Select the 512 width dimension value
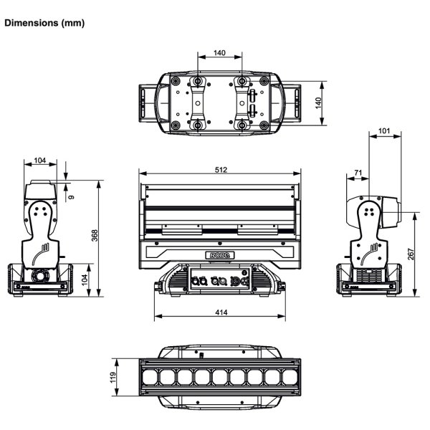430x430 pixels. pyautogui.click(x=220, y=170)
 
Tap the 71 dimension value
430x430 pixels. pyautogui.click(x=356, y=173)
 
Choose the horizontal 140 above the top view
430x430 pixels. pyautogui.click(x=220, y=53)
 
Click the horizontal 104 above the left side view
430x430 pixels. pyautogui.click(x=40, y=161)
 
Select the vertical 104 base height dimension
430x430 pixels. pyautogui.click(x=85, y=279)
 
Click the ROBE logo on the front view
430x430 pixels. pyautogui.click(x=219, y=254)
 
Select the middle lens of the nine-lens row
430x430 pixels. pyautogui.click(x=219, y=377)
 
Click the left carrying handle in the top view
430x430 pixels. pyautogui.click(x=147, y=103)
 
